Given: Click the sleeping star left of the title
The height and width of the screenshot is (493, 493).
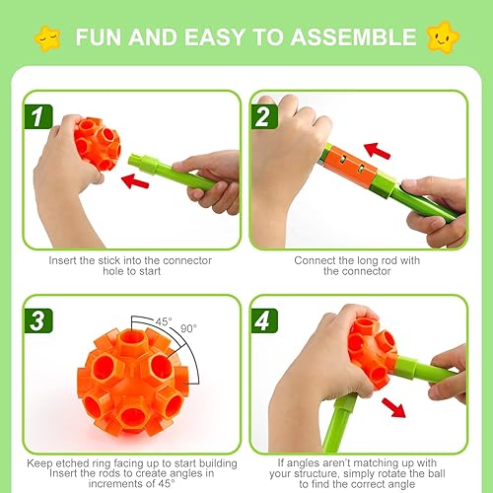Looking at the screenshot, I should click(x=44, y=38).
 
